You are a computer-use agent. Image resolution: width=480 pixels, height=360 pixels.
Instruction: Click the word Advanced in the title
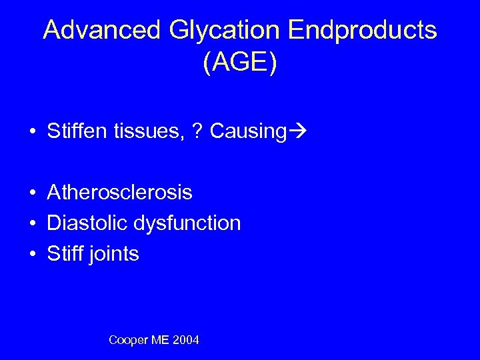point(102,31)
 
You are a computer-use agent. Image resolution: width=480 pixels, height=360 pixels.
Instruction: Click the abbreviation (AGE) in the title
point(240,64)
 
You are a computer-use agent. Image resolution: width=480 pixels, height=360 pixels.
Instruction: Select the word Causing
point(247,132)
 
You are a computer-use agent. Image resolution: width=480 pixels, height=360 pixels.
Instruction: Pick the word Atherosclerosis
point(120,193)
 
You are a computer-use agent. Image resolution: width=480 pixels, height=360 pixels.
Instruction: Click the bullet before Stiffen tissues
point(32,132)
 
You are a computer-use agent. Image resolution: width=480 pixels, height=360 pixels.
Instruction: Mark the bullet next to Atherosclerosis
point(32,193)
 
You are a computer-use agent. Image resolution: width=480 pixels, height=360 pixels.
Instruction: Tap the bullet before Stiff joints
point(32,255)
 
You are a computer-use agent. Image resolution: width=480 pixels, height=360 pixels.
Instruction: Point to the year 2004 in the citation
point(185,341)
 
